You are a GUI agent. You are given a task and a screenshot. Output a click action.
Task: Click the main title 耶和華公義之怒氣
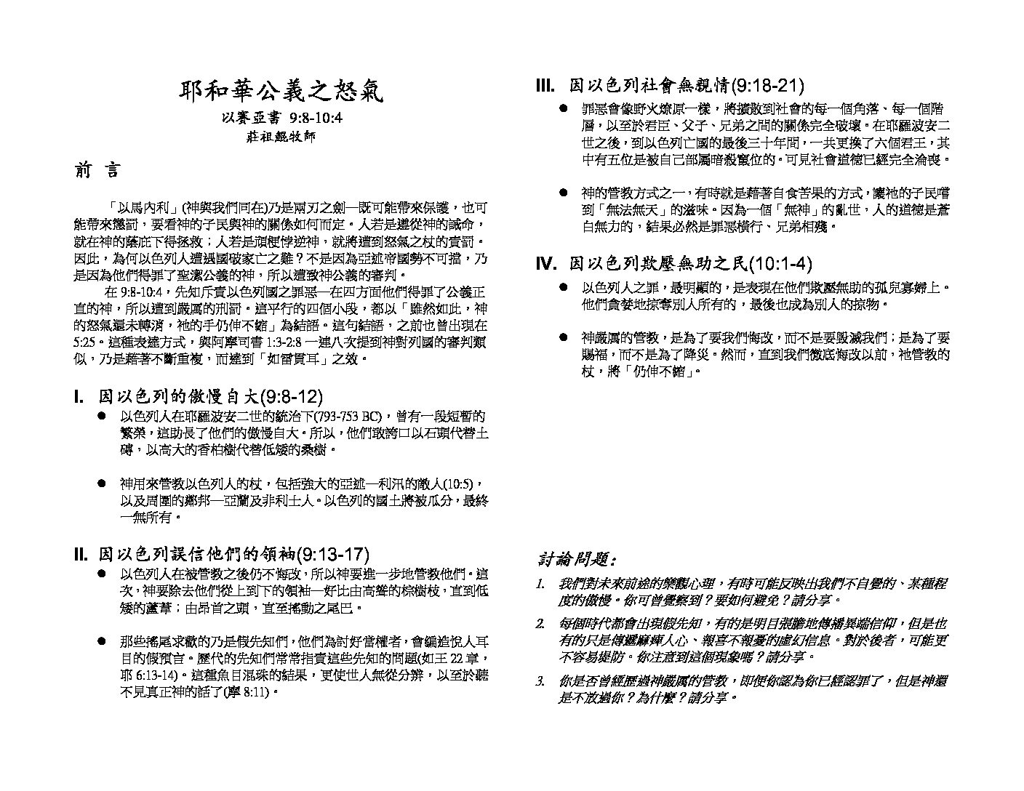281,92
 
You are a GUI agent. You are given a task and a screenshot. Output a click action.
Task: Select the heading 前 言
97,172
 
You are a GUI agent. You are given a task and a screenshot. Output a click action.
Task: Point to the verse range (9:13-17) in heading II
334,554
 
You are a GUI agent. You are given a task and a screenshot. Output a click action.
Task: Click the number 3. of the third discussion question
540,682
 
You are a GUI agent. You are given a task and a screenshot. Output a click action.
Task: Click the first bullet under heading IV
563,288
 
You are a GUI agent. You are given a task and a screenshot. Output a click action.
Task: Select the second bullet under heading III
563,193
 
